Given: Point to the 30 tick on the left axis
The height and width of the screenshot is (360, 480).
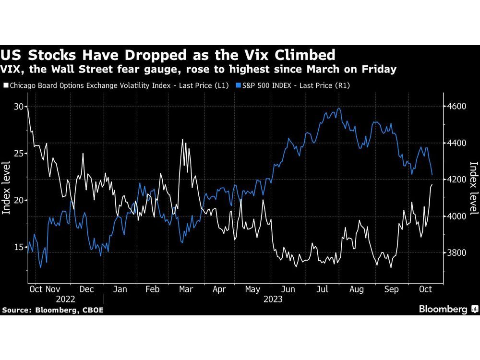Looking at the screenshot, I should [x=18, y=106].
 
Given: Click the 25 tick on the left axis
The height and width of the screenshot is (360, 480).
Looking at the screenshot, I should [x=18, y=153].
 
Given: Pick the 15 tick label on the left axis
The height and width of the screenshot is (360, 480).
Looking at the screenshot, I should [x=18, y=247].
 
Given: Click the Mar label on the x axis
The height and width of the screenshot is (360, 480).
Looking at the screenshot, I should [x=186, y=289].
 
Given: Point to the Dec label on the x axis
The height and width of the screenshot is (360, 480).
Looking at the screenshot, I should [x=86, y=289].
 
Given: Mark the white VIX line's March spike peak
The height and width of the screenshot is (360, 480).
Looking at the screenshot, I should [x=182, y=140].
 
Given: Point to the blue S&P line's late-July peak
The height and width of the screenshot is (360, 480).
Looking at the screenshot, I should [x=339, y=108].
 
